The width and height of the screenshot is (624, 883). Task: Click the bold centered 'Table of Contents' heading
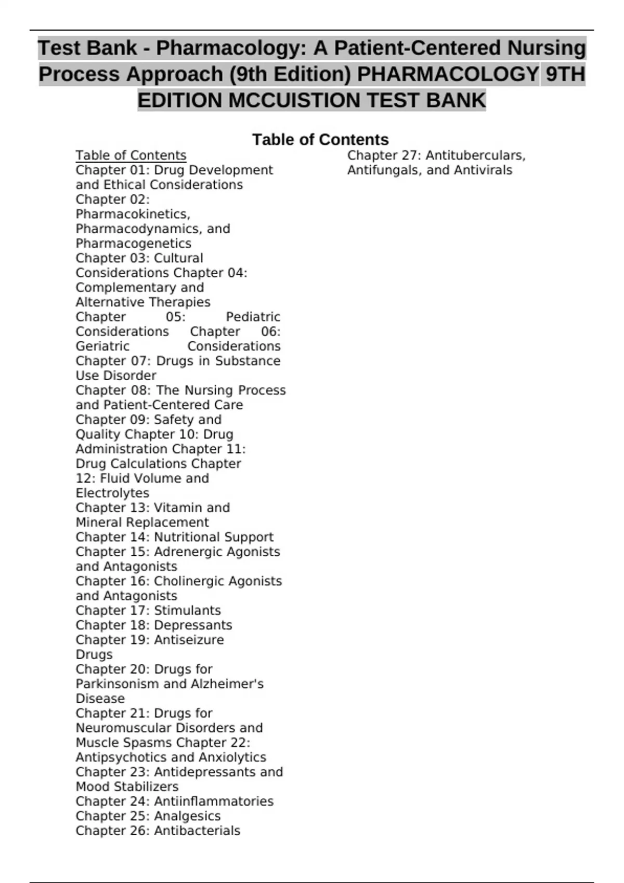click(x=320, y=140)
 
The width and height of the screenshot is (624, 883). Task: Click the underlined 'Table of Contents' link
click(x=131, y=155)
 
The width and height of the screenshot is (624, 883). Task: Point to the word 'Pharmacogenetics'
click(x=133, y=244)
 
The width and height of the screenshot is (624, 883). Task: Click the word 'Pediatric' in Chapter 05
click(x=253, y=317)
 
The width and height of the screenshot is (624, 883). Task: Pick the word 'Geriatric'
click(x=102, y=346)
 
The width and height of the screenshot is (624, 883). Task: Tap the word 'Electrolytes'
click(x=112, y=493)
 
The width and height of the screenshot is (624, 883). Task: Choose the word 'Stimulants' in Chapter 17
click(x=187, y=610)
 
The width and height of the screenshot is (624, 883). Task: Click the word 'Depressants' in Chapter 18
click(x=193, y=625)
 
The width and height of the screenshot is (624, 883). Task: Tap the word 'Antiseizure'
click(x=189, y=640)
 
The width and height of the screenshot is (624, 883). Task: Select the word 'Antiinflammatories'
click(x=214, y=801)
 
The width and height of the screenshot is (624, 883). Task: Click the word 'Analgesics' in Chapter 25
click(x=187, y=816)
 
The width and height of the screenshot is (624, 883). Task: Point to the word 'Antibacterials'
click(x=197, y=831)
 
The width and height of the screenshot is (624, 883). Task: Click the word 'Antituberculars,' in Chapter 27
click(x=475, y=155)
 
